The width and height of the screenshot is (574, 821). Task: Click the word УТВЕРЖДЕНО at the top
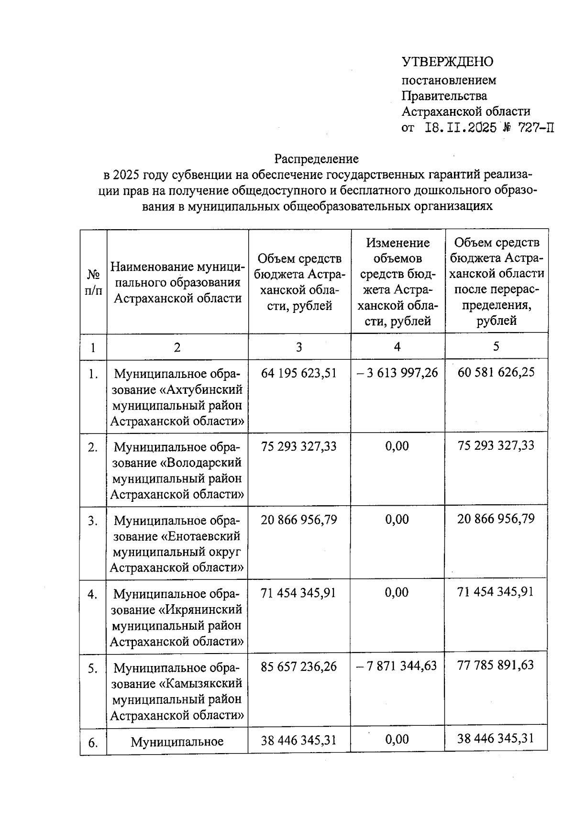tap(447, 62)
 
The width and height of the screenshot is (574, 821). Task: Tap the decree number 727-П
tap(534, 128)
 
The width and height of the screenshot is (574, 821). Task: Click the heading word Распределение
tap(316, 158)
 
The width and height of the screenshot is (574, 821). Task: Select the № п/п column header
tap(93, 282)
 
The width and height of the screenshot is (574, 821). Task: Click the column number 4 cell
tap(397, 347)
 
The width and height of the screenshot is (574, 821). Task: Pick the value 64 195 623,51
tap(299, 373)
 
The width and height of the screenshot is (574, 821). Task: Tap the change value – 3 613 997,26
tap(397, 373)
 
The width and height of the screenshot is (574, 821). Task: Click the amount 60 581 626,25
tap(496, 372)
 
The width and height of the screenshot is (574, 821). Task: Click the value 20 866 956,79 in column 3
tap(299, 519)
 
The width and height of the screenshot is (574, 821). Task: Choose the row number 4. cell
tap(93, 594)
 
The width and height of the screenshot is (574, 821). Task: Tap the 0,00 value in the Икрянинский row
tap(397, 593)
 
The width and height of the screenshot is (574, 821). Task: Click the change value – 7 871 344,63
tap(397, 666)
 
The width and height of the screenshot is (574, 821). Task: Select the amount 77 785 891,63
tap(496, 665)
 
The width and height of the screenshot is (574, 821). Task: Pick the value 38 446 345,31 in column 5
tap(496, 738)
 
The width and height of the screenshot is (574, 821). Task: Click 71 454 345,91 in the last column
tap(496, 592)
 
